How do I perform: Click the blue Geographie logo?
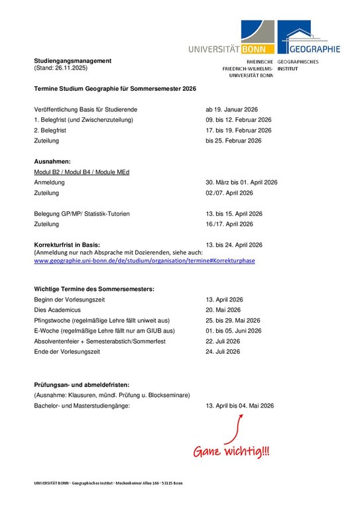coord(308,37)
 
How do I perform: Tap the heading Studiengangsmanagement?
coord(73,61)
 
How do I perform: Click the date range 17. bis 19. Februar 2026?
coord(239,131)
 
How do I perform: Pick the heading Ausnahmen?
coord(52,162)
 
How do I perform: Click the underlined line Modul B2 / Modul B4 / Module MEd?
coord(82,172)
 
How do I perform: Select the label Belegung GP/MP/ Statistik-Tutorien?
coord(82,214)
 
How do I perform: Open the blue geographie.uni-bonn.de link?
coord(144,260)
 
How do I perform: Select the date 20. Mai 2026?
coord(223,310)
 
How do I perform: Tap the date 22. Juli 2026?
coord(223,341)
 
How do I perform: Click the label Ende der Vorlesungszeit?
coord(66,352)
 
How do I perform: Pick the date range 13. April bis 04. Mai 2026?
coord(239,405)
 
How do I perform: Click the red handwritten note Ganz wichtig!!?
coord(231,451)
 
